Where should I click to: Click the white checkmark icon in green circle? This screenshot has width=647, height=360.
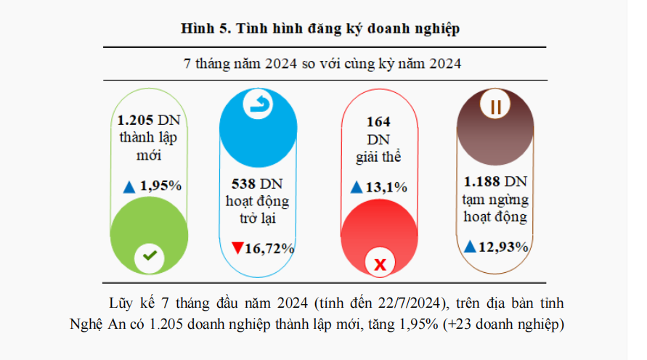click(150, 255)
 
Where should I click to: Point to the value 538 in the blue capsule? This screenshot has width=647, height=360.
click(243, 183)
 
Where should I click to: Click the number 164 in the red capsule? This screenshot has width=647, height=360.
click(378, 121)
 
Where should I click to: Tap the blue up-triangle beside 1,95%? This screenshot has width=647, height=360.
click(129, 187)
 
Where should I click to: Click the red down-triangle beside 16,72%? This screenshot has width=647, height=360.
click(237, 248)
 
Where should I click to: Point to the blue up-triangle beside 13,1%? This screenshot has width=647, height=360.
click(356, 187)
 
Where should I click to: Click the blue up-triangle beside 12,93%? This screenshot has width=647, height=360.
click(470, 247)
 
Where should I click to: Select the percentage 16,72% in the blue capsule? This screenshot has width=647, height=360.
click(269, 249)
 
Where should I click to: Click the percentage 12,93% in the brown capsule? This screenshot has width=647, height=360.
click(502, 247)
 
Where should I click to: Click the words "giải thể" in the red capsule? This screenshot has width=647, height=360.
click(378, 155)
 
